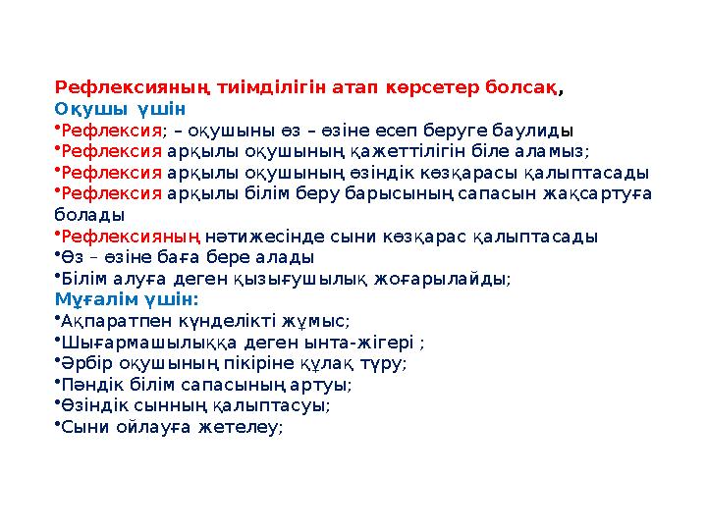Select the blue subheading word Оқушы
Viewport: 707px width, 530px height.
[x=91, y=108]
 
